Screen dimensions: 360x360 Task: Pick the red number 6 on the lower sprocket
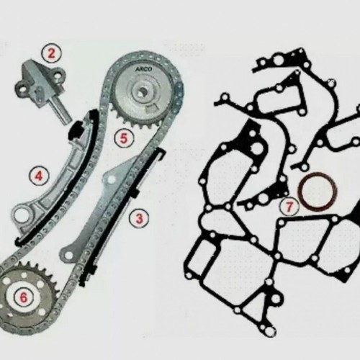[x=22, y=294]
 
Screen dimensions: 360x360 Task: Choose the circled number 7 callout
[x=288, y=207]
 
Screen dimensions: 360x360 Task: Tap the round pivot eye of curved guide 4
[x=19, y=215]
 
